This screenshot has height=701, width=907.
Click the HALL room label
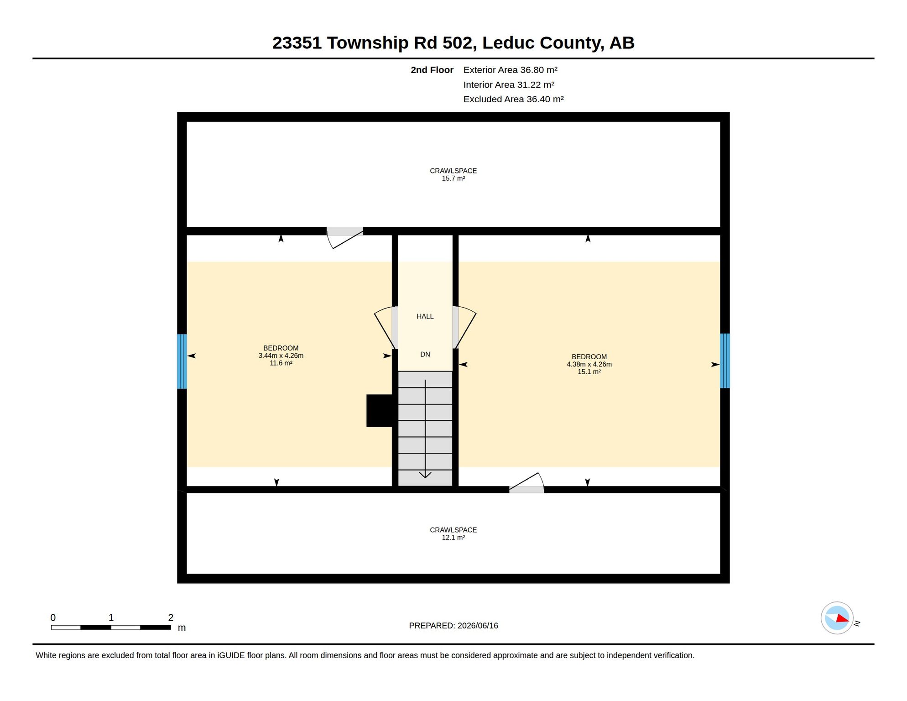[425, 316]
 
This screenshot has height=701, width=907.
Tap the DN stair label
[425, 354]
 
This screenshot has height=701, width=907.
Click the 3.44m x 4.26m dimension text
[281, 356]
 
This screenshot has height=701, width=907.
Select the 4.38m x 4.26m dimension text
[589, 364]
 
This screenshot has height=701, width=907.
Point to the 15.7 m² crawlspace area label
[453, 178]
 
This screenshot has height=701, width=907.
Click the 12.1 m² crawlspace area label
[453, 538]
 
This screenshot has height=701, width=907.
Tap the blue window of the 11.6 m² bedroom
[182, 361]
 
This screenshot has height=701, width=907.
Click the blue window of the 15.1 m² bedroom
[725, 361]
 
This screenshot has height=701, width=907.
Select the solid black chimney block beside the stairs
[380, 411]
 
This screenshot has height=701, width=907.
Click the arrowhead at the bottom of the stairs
[425, 475]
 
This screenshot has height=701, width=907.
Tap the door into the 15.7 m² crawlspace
[345, 238]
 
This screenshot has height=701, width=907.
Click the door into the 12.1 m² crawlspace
[526, 483]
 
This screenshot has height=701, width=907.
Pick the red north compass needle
[842, 618]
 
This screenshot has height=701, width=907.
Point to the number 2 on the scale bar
[171, 617]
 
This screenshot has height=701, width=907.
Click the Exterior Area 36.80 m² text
[510, 70]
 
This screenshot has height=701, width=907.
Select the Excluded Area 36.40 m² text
[513, 99]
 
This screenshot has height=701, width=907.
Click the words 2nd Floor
[432, 70]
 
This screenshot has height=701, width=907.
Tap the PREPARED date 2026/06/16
[478, 626]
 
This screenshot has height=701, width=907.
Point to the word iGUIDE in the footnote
[231, 655]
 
